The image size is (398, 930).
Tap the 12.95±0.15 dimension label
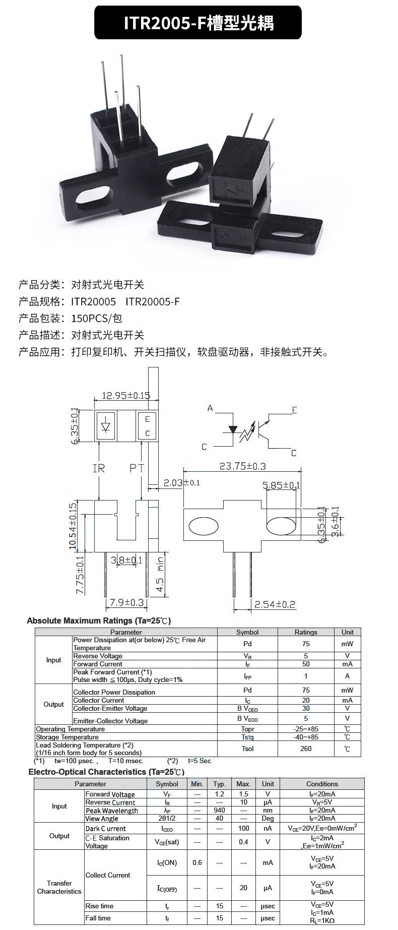pos(126,396)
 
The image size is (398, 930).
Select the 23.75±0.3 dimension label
pos(242,466)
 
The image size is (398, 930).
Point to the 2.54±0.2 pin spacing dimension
pos(275,604)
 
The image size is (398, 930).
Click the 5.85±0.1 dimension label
pos(281,485)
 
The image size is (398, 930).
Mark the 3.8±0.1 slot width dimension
pos(126,560)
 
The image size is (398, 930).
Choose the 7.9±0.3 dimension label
pos(127,602)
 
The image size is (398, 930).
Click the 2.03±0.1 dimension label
pos(181,482)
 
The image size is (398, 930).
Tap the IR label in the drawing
pos(99,468)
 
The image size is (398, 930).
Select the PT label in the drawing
pos(137,468)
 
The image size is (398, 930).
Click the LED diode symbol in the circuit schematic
pos(232,429)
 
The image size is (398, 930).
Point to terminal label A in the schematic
pos(210,408)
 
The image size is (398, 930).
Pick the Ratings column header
pos(306,632)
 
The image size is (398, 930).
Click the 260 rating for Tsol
pos(306,749)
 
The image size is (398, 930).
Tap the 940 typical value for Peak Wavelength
pos(220,810)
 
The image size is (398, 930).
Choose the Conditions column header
pos(322,784)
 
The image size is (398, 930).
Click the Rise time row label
pos(99,906)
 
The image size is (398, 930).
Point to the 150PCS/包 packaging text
pos(97,318)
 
